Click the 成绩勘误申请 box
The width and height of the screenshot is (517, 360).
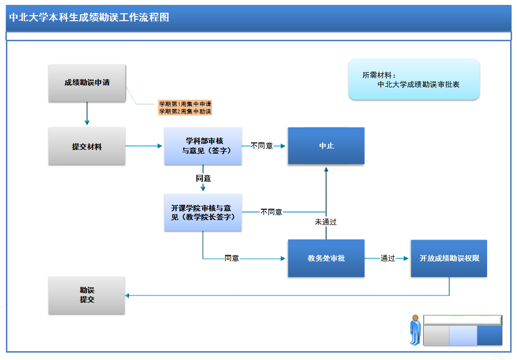[x=87, y=83]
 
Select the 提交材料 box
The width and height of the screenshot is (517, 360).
[x=87, y=146]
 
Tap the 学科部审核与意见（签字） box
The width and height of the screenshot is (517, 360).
[x=203, y=146]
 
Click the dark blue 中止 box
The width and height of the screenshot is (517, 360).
[x=326, y=146]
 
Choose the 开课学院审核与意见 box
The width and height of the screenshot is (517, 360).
[x=203, y=212]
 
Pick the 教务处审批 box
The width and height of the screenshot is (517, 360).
[x=326, y=258]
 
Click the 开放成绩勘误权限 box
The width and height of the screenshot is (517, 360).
[x=449, y=258]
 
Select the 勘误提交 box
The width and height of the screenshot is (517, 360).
[x=87, y=295]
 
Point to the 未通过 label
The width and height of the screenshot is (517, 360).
[x=326, y=222]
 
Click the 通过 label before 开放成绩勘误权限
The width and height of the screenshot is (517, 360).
[x=387, y=258]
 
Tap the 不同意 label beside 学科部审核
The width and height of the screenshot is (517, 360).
[x=262, y=146]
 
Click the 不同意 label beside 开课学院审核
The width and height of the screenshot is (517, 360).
[x=271, y=212]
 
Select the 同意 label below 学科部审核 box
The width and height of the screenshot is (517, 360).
[x=203, y=178]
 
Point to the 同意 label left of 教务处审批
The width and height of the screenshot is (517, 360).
[x=232, y=258]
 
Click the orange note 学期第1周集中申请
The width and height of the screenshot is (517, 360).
[x=185, y=104]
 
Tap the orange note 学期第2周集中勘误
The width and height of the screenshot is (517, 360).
[x=185, y=111]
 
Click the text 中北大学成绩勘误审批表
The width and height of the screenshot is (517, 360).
[x=418, y=84]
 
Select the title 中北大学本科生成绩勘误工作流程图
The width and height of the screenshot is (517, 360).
[x=89, y=18]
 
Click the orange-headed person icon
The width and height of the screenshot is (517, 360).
[x=415, y=330]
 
